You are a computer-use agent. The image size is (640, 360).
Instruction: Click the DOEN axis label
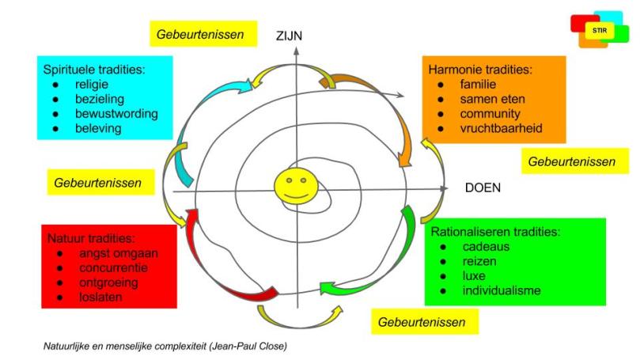click(x=483, y=188)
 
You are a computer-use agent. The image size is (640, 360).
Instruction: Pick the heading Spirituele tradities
click(x=94, y=69)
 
